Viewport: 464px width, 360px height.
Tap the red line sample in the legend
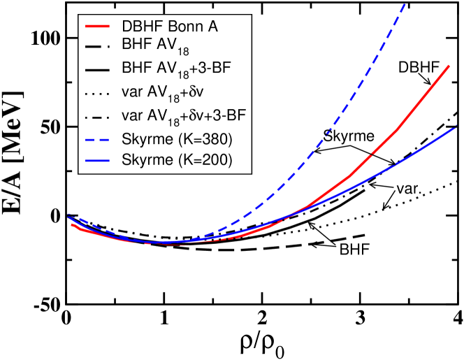pos(98,27)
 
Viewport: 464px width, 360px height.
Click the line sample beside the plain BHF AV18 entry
pos(98,48)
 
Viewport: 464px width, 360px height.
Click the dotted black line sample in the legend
pos(98,92)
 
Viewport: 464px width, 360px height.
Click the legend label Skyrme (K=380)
pos(176,139)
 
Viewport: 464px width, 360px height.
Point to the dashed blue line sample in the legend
pos(98,139)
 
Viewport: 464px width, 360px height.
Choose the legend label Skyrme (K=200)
pos(176,161)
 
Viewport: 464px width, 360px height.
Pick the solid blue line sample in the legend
pos(98,161)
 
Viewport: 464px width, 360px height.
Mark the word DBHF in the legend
pos(140,27)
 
